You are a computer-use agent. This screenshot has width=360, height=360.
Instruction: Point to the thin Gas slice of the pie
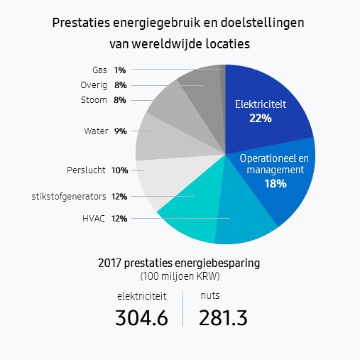[223, 94]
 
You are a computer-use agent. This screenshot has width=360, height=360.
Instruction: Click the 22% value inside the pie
[261, 119]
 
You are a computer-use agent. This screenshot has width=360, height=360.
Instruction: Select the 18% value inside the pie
[276, 184]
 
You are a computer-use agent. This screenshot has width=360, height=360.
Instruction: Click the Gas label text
[99, 70]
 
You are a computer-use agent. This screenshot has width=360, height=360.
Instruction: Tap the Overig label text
[94, 85]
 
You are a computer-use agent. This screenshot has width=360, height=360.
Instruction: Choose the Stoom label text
[94, 100]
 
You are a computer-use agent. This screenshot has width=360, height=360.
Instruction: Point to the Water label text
[96, 131]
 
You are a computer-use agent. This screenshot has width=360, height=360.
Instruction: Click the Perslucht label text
[86, 170]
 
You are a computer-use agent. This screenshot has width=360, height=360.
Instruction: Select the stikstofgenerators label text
[69, 197]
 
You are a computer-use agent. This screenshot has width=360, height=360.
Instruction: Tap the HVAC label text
[94, 219]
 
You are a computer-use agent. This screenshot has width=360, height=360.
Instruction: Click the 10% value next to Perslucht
[120, 170]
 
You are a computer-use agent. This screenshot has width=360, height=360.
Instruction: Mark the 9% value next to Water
[121, 131]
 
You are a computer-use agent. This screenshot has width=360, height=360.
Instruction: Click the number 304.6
[141, 318]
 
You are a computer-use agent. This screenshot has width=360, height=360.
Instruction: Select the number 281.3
[223, 318]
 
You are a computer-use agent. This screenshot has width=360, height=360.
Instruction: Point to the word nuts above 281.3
[210, 295]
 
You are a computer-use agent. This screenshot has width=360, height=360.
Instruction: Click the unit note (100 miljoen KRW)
[180, 276]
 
